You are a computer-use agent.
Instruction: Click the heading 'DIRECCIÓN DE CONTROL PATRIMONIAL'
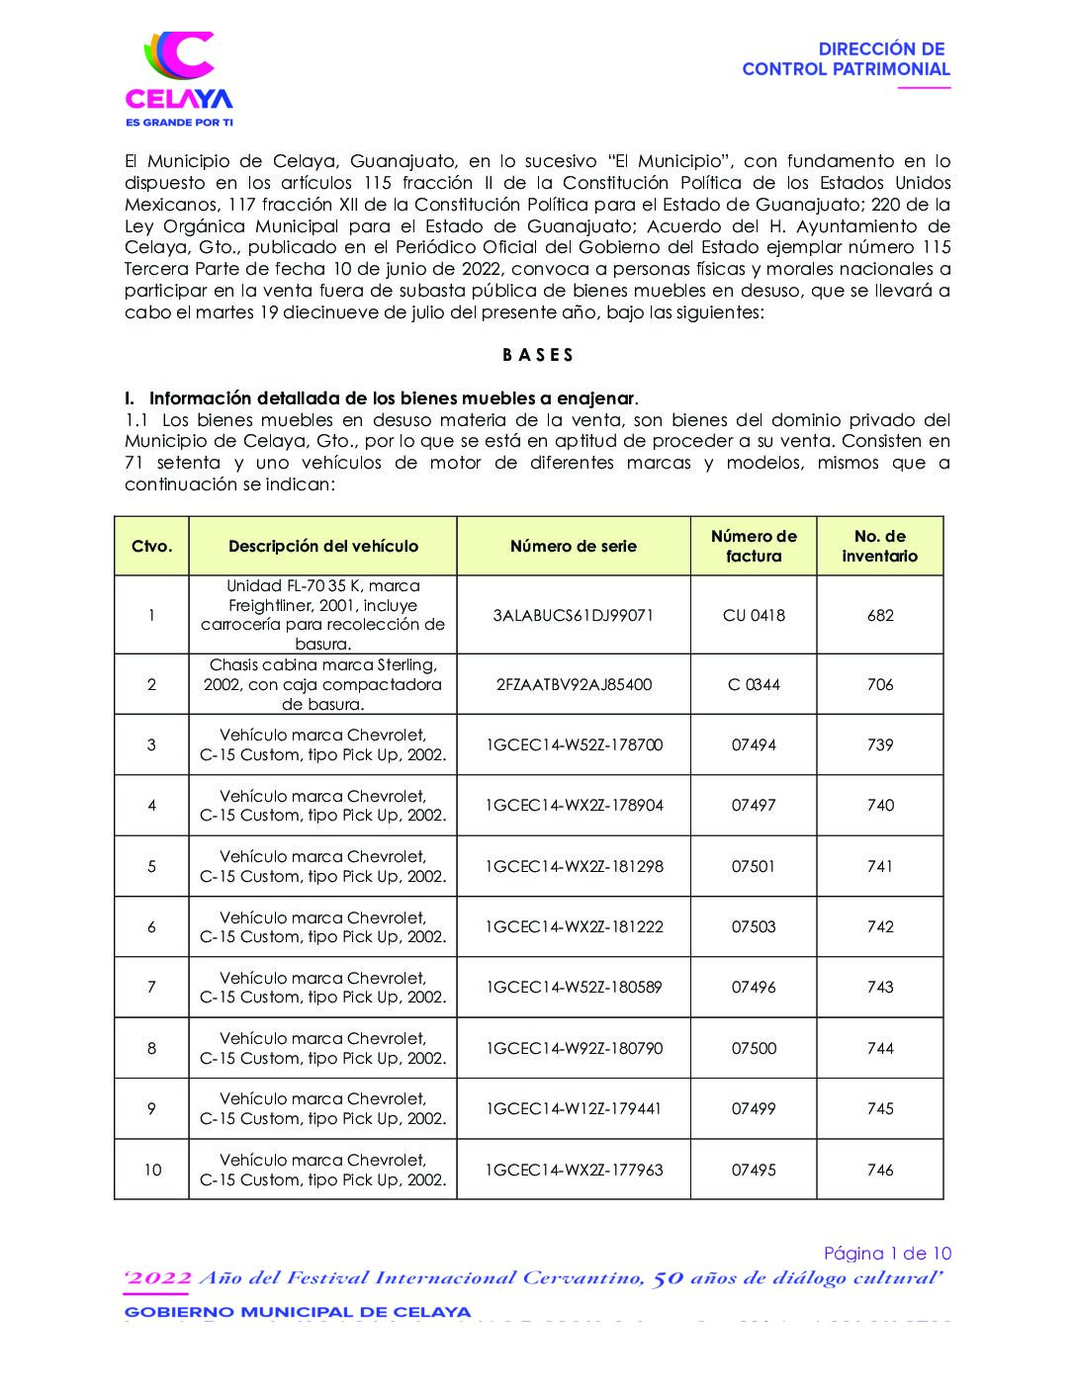(x=846, y=59)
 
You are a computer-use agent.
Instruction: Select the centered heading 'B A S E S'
(x=537, y=355)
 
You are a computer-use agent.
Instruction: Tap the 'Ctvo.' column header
(x=151, y=546)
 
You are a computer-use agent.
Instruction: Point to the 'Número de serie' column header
(x=574, y=546)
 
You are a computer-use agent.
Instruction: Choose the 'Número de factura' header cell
(x=754, y=546)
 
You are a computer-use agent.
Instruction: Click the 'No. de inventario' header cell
(x=880, y=546)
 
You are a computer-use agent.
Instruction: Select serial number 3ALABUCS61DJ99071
(x=574, y=615)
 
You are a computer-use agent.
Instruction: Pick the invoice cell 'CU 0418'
(x=754, y=615)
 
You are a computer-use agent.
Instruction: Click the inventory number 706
(x=880, y=684)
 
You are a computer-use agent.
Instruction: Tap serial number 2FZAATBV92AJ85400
(x=574, y=684)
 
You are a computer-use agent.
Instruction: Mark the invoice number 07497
(x=754, y=805)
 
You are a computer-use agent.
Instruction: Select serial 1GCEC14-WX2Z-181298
(x=574, y=866)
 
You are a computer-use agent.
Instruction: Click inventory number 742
(x=880, y=926)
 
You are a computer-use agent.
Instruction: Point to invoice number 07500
(x=754, y=1048)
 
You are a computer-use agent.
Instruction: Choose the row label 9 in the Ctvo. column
(x=151, y=1108)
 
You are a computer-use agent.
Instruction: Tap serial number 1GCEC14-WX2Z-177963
(x=574, y=1170)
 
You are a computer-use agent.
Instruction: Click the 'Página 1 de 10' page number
(x=887, y=1254)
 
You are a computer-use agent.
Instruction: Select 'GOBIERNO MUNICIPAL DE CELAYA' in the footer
(x=298, y=1312)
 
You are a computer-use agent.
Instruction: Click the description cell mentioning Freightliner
(x=322, y=615)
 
